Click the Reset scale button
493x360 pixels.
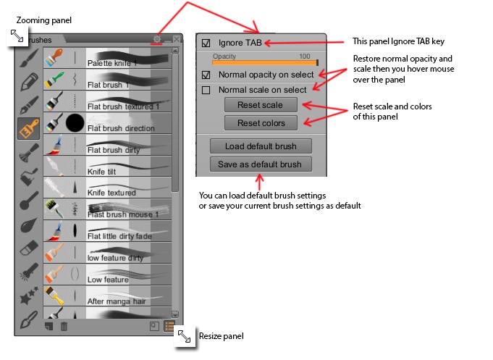pos(260,105)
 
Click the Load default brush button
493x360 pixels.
pos(260,146)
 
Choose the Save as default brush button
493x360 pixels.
pos(260,164)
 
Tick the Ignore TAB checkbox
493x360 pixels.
pos(206,43)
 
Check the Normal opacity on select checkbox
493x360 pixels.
pos(206,75)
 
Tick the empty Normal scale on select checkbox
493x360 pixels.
pos(206,90)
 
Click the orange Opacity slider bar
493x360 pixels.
pos(264,63)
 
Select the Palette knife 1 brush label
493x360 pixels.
pos(111,64)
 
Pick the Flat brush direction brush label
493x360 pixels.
pos(121,128)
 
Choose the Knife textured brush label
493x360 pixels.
pos(111,193)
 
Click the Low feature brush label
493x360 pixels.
pos(107,280)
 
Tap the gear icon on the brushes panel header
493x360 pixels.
pos(157,39)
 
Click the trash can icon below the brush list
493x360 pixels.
pos(64,327)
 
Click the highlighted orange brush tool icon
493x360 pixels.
pos(29,127)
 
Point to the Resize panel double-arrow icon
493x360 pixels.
pos(185,336)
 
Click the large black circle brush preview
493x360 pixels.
pos(75,123)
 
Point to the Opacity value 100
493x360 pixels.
pos(304,56)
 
